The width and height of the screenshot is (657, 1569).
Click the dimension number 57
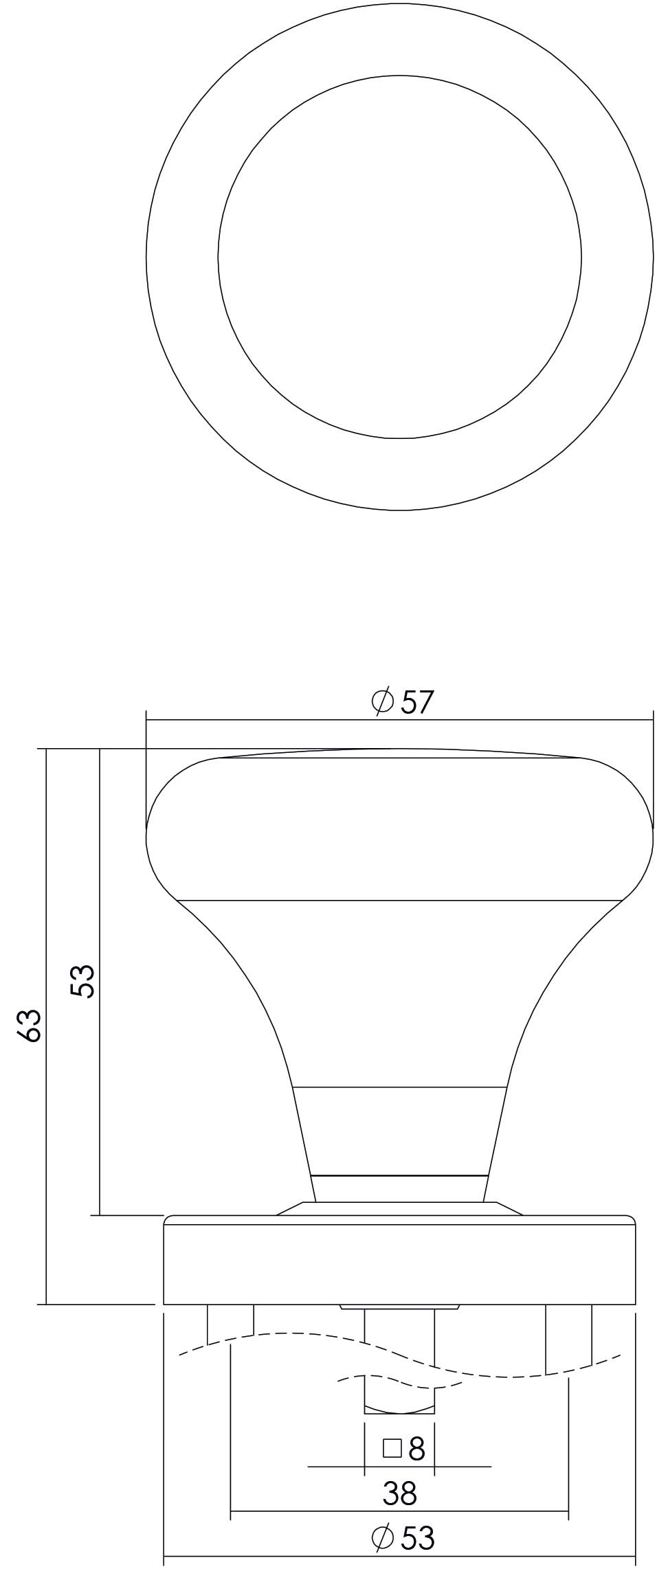pyautogui.click(x=418, y=702)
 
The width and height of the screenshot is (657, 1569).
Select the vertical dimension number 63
pyautogui.click(x=31, y=1026)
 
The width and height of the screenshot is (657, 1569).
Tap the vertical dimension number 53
pyautogui.click(x=82, y=980)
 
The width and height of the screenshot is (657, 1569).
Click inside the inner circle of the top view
pyautogui.click(x=399, y=257)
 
